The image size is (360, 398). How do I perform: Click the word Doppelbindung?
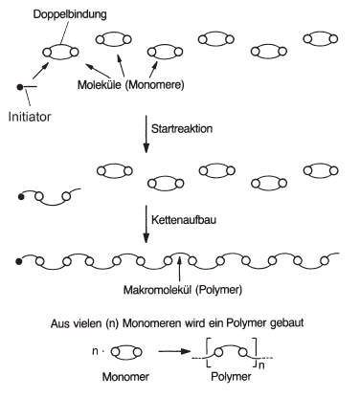point(70,15)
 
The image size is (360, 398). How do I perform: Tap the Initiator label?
point(30,117)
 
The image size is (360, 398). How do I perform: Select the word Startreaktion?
point(182,128)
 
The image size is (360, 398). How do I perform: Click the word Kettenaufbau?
point(184,220)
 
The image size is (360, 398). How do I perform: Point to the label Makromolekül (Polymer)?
point(183,290)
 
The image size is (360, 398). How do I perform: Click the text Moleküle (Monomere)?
point(131,85)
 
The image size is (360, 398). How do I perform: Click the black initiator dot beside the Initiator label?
point(20,86)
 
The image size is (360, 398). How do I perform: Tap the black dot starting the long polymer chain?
point(19,262)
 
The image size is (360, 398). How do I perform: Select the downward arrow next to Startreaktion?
point(146,134)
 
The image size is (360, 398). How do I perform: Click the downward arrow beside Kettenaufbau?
point(146,225)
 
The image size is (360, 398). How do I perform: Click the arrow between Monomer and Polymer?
point(174,351)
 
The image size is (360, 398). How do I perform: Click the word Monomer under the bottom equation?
point(125,377)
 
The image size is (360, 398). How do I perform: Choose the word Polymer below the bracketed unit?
point(231,377)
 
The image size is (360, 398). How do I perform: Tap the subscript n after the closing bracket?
point(261,365)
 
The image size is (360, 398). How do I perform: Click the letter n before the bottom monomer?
point(95,351)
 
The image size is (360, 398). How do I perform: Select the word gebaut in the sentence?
point(286,323)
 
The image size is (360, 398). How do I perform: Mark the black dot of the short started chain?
point(21,197)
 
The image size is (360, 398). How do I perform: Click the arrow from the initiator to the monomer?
point(40,71)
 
